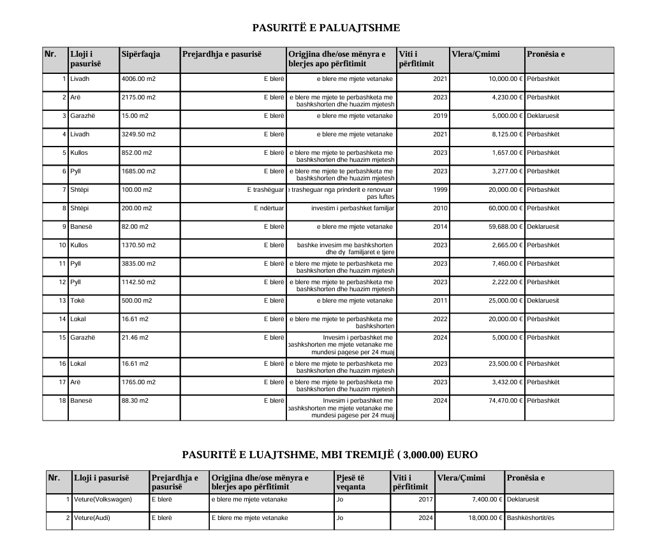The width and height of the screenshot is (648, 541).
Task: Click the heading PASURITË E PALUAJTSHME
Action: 326,27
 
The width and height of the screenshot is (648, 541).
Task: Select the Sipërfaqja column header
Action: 141,54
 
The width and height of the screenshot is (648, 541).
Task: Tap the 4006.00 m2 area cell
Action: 138,79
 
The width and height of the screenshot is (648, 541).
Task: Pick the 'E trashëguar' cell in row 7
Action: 265,190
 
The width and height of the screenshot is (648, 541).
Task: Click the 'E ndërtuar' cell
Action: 269,208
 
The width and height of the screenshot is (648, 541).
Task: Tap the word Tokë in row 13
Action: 78,301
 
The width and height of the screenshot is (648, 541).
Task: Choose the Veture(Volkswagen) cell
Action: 103,500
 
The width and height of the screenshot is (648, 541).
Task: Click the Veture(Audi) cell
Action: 92,518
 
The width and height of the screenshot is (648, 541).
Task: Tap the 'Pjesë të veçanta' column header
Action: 350,482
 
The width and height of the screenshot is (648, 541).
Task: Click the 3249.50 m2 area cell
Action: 138,134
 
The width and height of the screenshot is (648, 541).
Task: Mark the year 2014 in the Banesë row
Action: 440,227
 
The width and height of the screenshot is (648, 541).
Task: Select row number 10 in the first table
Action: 63,245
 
